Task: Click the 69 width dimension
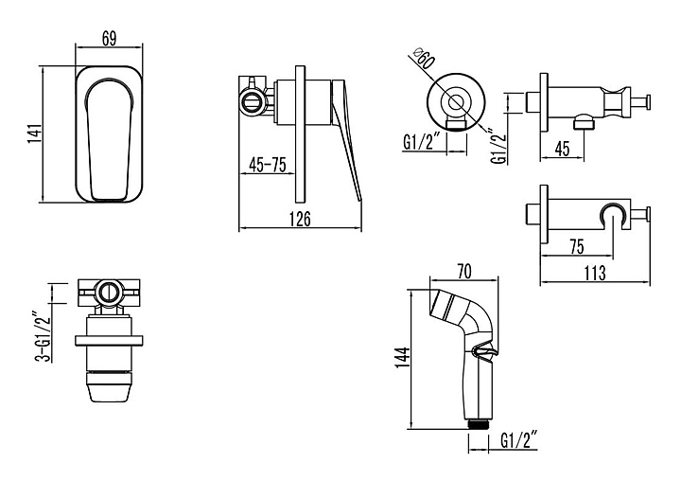point(110,39)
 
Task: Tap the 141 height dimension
point(35,134)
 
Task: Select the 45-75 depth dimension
point(268,165)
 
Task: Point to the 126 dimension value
point(300,219)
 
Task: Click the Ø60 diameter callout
point(425,59)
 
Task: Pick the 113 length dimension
point(595,273)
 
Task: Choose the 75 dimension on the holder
point(576,246)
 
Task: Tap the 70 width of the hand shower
point(463,272)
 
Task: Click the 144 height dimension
point(403,358)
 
